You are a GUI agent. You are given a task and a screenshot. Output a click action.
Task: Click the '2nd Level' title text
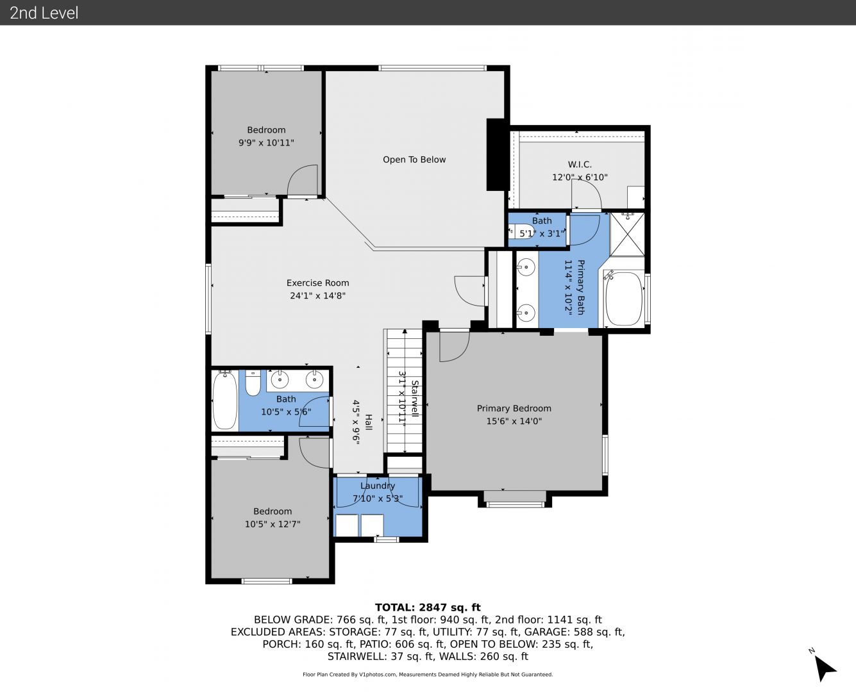[x=44, y=13]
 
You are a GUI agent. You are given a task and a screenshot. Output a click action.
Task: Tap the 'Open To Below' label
[x=414, y=160]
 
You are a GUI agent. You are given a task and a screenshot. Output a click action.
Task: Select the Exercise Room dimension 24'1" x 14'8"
[x=317, y=295]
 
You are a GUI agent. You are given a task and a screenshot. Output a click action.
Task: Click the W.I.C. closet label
[x=580, y=164]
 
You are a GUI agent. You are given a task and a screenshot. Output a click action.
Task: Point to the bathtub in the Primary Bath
[x=624, y=299]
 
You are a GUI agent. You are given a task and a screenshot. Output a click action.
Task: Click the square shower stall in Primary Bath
[x=627, y=235]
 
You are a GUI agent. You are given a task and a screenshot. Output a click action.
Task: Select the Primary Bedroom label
[x=514, y=408]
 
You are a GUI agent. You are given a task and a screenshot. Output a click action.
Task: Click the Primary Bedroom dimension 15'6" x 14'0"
[x=514, y=422]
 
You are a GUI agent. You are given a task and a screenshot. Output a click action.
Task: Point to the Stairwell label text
[x=415, y=399]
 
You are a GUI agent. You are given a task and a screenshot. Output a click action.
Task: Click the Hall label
[x=369, y=422]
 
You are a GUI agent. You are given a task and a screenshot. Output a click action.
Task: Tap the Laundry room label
[x=378, y=486]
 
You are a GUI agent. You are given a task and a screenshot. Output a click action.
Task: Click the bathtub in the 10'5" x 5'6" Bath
[x=224, y=400]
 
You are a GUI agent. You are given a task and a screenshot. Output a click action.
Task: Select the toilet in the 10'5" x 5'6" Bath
[x=253, y=383]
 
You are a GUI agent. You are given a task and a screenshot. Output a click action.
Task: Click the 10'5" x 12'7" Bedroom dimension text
[x=273, y=524]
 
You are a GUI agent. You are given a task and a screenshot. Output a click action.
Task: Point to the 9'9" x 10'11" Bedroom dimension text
[x=266, y=143]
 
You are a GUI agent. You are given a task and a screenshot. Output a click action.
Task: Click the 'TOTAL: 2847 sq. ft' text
[x=428, y=607]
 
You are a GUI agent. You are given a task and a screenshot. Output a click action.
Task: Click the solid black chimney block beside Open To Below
[x=496, y=154]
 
